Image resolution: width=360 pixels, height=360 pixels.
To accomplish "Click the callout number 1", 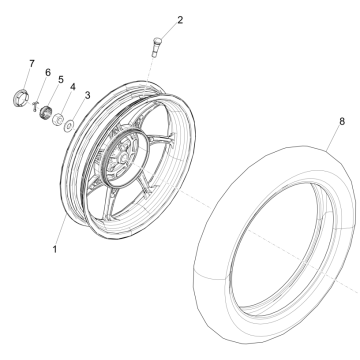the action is point(55,249).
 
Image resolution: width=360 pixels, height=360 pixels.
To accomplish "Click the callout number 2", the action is point(180,20).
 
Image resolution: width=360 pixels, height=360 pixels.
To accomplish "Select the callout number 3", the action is point(87,95).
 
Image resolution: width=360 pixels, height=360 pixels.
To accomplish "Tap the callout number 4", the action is point(73,87).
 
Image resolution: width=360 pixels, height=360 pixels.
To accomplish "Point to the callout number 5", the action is point(61,79).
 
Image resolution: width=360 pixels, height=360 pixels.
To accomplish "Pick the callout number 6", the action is point(48,72).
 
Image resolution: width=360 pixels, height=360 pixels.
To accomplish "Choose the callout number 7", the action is point(32,63).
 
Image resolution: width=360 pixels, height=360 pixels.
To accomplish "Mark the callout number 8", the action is point(342,121).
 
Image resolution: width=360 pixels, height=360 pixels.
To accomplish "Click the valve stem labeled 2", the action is point(156,47).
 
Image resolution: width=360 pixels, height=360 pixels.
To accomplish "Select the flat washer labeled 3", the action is point(70,126).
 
